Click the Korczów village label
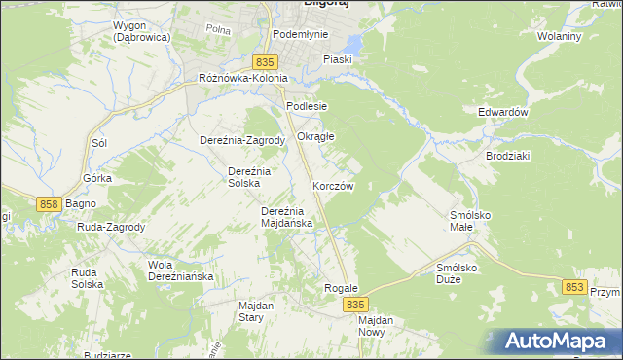coord(333,185)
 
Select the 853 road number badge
coord(574,287)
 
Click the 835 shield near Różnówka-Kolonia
coord(256,62)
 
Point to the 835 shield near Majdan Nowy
coord(354,305)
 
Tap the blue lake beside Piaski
coord(350,46)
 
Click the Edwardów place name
coord(502,112)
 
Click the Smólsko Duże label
coord(461,272)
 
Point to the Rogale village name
coord(342,289)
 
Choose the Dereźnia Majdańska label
coord(286,217)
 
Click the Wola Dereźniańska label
coord(180,270)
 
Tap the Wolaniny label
coord(560,36)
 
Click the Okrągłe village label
coord(315,137)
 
